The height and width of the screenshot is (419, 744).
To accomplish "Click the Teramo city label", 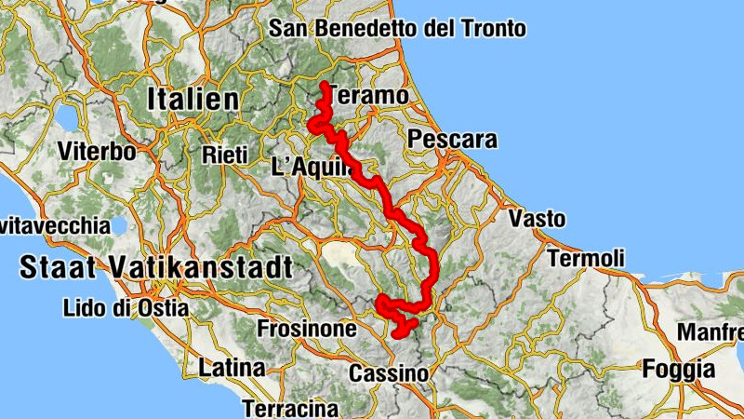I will point(369,96).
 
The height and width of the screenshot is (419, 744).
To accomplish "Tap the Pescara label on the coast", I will point(453,141).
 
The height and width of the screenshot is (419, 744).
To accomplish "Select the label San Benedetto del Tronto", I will point(398,28).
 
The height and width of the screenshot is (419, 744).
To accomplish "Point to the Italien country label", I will point(193,97).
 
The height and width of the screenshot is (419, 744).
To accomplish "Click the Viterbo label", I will point(96,151).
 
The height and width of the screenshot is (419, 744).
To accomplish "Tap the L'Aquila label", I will point(312,168).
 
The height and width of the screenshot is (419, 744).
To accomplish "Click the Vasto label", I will point(537,220).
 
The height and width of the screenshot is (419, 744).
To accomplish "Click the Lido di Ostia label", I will point(126,307).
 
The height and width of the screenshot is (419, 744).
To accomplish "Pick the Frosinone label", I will point(307,329).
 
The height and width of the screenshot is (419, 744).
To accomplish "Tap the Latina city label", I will point(232,368).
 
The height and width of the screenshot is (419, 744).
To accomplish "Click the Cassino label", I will point(389,374).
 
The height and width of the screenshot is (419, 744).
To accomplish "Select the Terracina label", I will point(290,408).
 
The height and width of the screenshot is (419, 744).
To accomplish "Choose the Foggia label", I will point(679,370).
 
